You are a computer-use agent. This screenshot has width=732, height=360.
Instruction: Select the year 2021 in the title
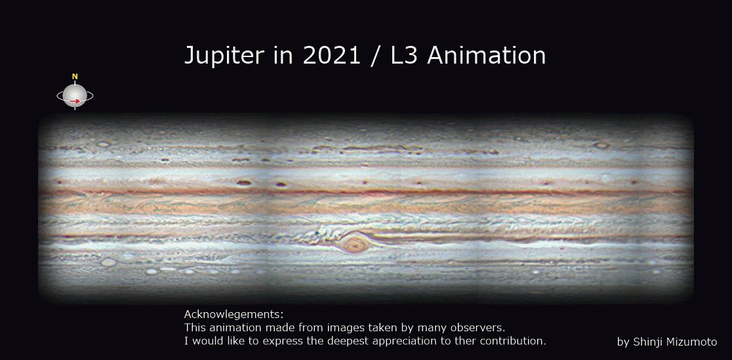(x=331, y=55)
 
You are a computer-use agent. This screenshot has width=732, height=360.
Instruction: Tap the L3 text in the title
(x=405, y=55)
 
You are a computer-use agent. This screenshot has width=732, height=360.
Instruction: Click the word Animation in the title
(x=486, y=55)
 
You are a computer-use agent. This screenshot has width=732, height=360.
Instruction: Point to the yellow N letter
(x=75, y=76)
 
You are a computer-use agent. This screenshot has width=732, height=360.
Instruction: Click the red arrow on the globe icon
(x=75, y=100)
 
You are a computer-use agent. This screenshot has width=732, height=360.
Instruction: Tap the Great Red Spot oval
(x=356, y=244)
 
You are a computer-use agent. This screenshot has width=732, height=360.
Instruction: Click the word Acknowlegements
(x=234, y=314)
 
